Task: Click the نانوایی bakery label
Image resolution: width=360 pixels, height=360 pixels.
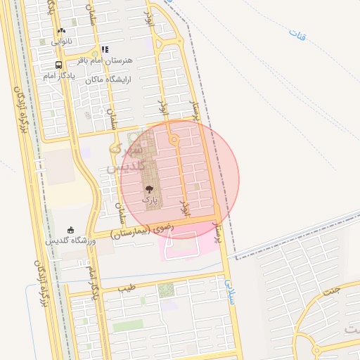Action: (60, 42)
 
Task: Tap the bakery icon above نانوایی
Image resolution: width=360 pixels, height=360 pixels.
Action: (62, 31)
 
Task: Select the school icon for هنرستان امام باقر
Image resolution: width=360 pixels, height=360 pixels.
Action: (105, 49)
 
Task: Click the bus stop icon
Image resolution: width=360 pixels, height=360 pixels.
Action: (59, 63)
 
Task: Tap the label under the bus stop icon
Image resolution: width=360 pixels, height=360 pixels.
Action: (56, 75)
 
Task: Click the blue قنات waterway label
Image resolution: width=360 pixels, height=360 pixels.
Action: (299, 34)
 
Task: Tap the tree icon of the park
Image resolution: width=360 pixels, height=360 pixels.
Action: (149, 189)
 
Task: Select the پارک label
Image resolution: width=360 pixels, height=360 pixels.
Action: (150, 200)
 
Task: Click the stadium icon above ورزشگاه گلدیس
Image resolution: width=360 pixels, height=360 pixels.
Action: (71, 230)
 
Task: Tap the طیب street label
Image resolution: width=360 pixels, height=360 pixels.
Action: (127, 288)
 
